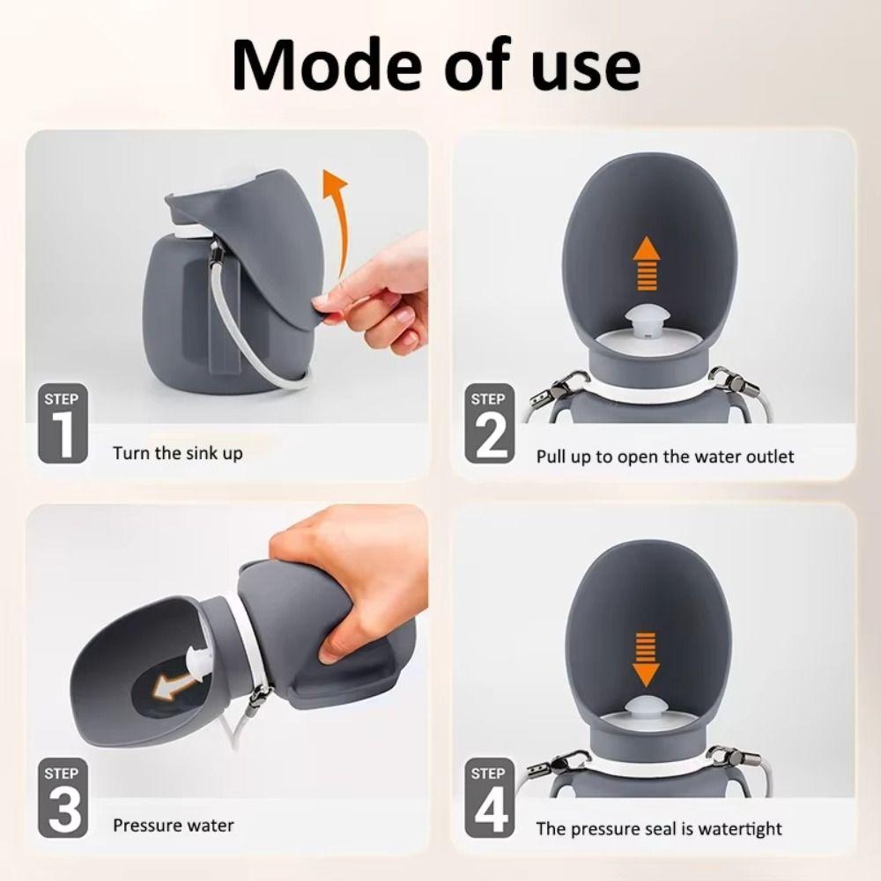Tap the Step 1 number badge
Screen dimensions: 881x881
coord(63,426)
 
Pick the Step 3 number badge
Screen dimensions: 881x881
coord(63,798)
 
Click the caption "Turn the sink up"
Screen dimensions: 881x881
coord(177,454)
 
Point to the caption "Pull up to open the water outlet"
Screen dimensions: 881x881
coord(665,456)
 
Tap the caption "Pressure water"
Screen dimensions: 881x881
coord(174,825)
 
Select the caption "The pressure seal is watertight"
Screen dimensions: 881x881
coord(659,829)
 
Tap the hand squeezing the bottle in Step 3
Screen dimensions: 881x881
coord(352,573)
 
